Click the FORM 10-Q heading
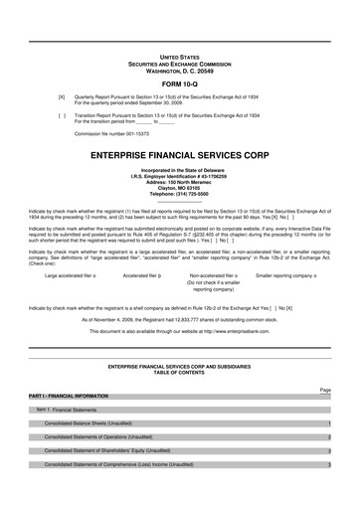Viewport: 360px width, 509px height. coord(179,83)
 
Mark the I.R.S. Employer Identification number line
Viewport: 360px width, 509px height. coord(180,177)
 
